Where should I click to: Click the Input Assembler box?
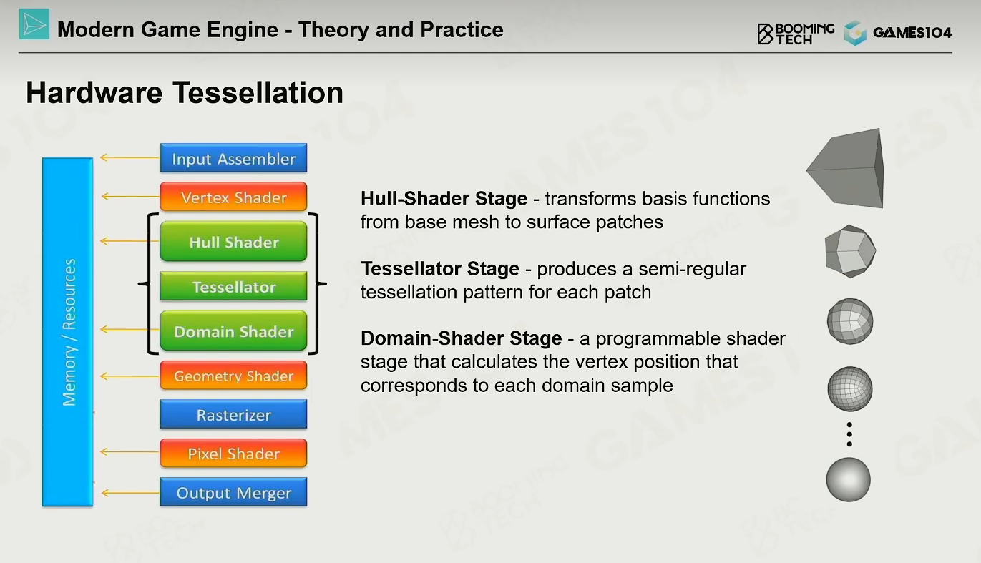[x=233, y=157]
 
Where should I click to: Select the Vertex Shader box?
[x=233, y=197]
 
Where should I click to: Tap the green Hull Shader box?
[x=233, y=241]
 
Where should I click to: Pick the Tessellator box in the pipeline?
[x=233, y=286]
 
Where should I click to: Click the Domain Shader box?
[x=233, y=331]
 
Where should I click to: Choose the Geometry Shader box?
[x=233, y=375]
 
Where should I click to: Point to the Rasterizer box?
[x=233, y=414]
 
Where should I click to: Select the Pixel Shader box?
[x=233, y=453]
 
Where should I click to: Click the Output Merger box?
[x=233, y=492]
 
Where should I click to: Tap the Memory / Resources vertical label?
[x=69, y=332]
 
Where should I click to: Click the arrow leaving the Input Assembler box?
[x=130, y=157]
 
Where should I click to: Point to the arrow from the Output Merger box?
[x=130, y=493]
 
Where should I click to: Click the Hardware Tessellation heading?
[x=185, y=93]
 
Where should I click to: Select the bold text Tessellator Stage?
[x=440, y=269]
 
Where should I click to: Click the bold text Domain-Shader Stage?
[x=461, y=338]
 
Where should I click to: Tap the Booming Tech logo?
[x=796, y=34]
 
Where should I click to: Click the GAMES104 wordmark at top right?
[x=912, y=32]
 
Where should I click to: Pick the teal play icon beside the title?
[x=34, y=24]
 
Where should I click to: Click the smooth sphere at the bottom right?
[x=849, y=479]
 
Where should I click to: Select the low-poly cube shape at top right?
[x=845, y=168]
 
